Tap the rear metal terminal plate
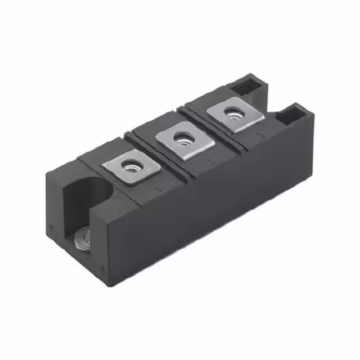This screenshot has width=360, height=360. click(x=235, y=114)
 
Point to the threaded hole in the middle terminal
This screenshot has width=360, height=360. click(x=182, y=137)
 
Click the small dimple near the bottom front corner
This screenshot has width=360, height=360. click(x=102, y=268)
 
